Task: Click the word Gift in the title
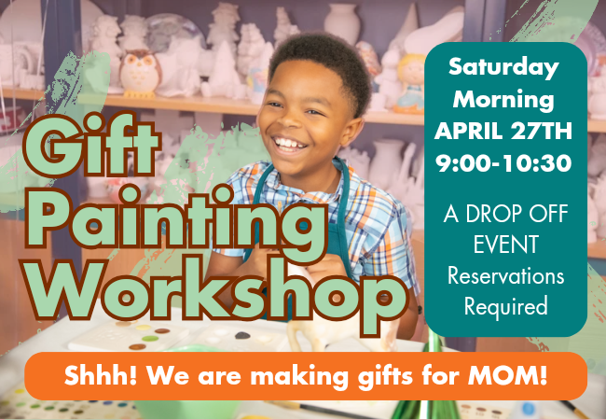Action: coord(91,145)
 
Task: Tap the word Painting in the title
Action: coord(176,221)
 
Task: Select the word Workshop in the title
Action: coord(214,292)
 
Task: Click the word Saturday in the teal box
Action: coord(503,68)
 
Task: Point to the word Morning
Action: coord(503,100)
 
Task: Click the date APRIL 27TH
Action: coord(503,131)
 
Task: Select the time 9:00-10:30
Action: coord(503,162)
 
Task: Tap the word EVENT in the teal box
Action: coord(506,244)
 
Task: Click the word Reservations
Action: coord(506,275)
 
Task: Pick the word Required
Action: coord(506,306)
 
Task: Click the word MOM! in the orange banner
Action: coord(507,375)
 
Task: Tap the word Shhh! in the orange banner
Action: coord(101,375)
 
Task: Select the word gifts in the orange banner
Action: coord(385,376)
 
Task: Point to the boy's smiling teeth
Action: coord(289,144)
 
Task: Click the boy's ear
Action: coord(352,132)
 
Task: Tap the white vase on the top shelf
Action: coord(341,23)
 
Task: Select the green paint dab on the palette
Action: coord(150,339)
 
